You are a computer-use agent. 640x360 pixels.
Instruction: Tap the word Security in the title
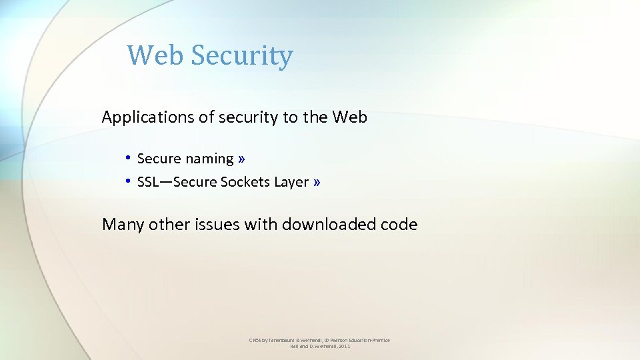click(241, 56)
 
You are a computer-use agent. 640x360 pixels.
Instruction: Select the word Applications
click(148, 118)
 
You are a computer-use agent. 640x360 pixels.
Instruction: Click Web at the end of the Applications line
click(349, 117)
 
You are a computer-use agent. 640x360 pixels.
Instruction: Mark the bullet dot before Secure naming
click(126, 159)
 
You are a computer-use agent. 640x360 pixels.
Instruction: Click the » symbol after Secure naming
click(241, 159)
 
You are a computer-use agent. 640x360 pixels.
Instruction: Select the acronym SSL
click(148, 182)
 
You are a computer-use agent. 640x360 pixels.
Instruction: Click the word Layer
click(291, 182)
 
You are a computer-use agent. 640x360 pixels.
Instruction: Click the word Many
click(123, 225)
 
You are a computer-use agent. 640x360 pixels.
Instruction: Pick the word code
click(399, 225)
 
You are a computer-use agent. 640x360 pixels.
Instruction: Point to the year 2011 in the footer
click(343, 347)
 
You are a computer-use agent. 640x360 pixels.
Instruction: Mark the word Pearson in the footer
click(332, 341)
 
